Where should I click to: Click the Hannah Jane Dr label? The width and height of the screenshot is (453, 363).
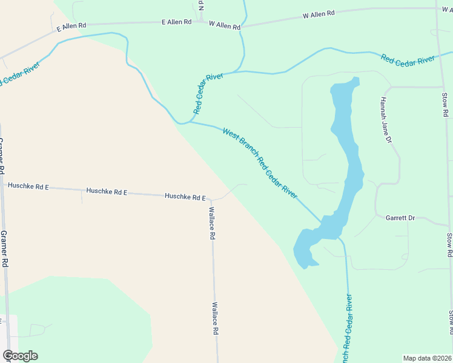(x=386, y=120)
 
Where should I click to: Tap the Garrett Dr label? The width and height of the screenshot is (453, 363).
(x=400, y=218)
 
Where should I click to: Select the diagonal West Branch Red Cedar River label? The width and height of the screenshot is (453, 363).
(x=260, y=162)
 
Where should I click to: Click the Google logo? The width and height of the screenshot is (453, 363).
(x=20, y=356)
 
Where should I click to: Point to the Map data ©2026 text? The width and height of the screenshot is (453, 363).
(x=427, y=358)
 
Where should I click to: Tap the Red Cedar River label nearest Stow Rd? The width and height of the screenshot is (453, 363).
(x=408, y=59)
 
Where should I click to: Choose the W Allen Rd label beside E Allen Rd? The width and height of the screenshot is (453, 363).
(x=224, y=25)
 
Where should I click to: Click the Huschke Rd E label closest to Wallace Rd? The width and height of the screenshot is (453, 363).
(x=185, y=197)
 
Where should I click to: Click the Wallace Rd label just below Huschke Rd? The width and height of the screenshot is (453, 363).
(x=212, y=224)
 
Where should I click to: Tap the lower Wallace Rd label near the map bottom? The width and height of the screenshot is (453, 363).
(x=214, y=319)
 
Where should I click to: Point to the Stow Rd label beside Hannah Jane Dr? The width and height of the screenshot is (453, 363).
(x=444, y=104)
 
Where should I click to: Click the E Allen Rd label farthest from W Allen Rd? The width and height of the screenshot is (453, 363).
(x=71, y=27)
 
